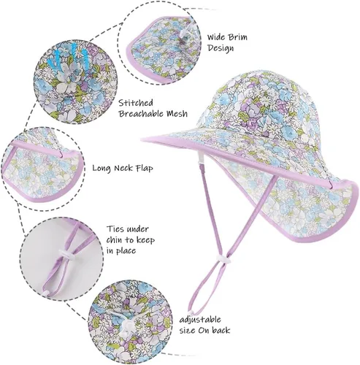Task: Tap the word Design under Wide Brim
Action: (x=221, y=48)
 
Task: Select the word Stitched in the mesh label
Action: (x=136, y=103)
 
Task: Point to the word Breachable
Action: (x=141, y=113)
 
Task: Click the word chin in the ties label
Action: (x=114, y=240)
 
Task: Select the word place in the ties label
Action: (x=126, y=251)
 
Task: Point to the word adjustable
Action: (x=200, y=320)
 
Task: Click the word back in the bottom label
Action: (x=221, y=330)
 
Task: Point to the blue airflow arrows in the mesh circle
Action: (x=67, y=58)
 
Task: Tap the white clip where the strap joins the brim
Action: (x=201, y=158)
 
